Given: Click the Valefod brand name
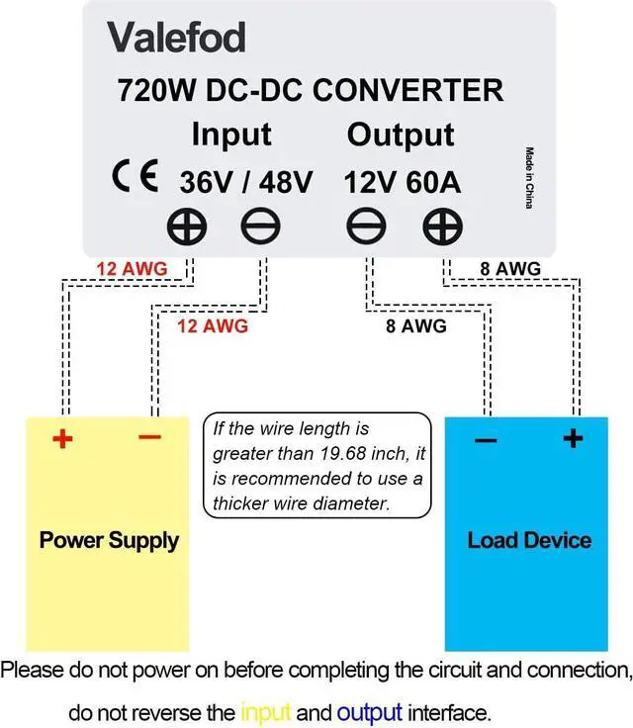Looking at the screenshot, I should click(176, 38).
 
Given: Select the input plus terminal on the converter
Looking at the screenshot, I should click(186, 228).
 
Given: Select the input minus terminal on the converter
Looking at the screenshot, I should click(260, 228).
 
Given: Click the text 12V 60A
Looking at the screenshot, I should click(402, 182).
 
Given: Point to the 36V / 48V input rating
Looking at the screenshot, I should click(246, 182).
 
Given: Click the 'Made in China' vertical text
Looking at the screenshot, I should click(530, 177).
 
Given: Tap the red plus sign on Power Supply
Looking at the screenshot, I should click(61, 438).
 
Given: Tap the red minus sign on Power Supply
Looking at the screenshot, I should click(149, 436).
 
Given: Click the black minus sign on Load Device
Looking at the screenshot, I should click(485, 440).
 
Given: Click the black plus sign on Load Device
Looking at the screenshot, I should click(573, 438).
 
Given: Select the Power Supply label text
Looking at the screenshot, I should click(109, 540).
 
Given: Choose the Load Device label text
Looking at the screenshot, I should click(529, 540).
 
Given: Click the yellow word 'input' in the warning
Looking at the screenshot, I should click(266, 712).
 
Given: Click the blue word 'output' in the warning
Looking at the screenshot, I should click(369, 712).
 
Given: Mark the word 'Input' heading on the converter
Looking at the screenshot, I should click(230, 134).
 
